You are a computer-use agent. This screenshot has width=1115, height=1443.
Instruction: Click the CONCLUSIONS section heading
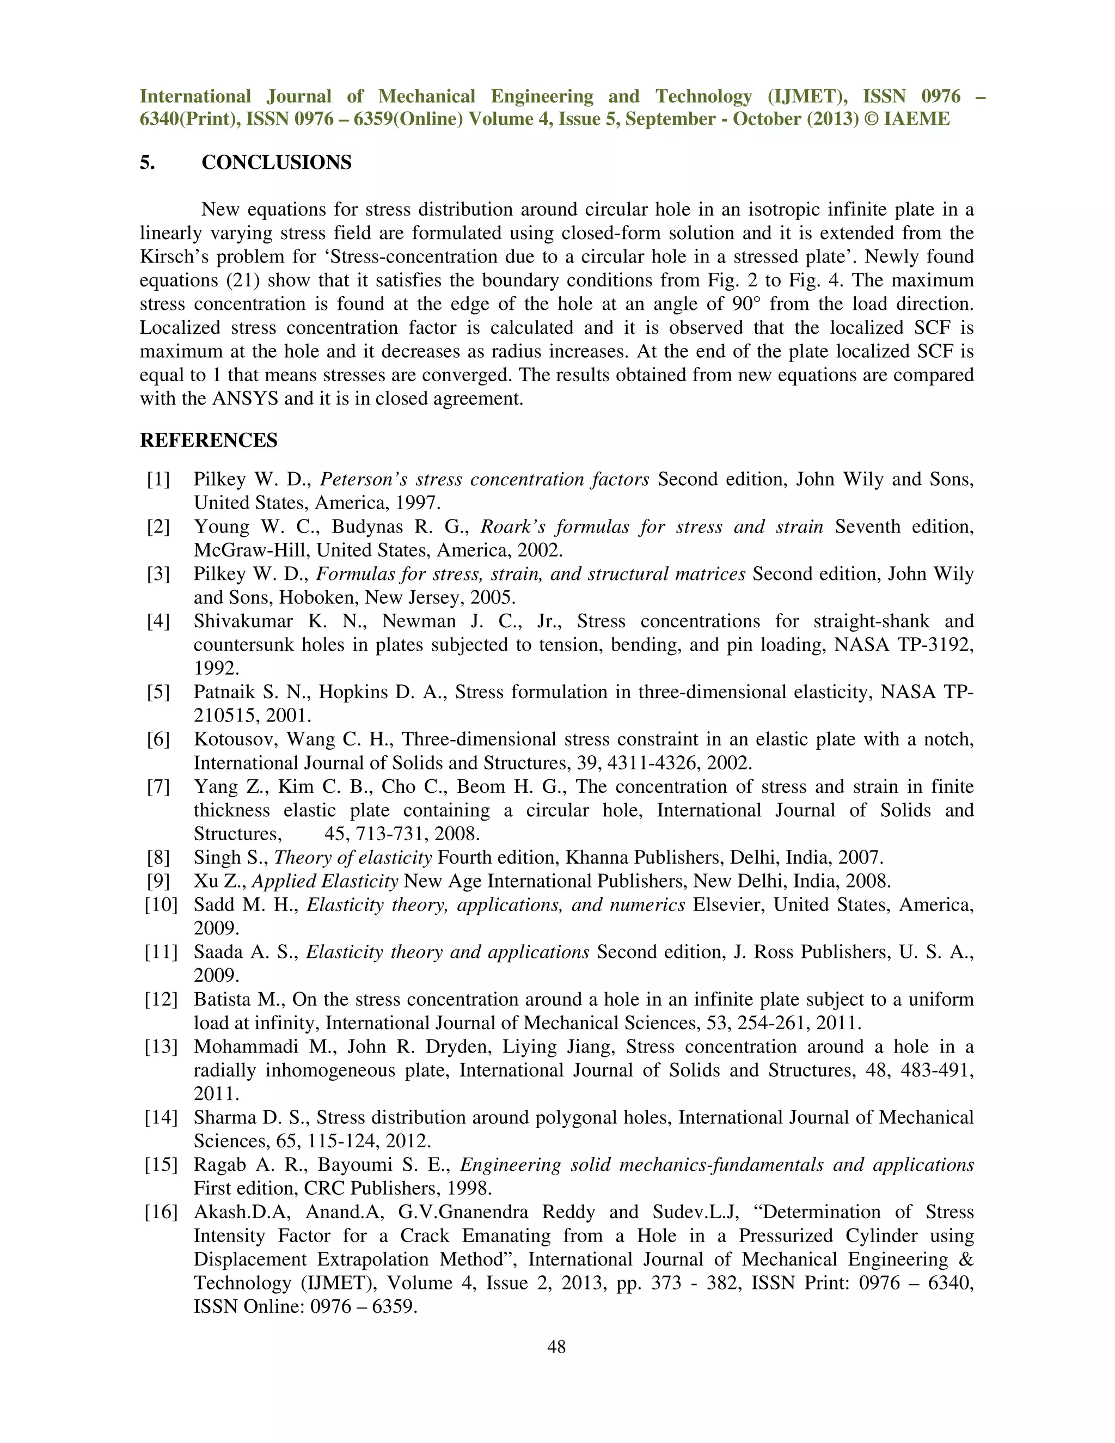coord(276,162)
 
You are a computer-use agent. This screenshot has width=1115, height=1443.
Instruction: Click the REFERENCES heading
coord(208,440)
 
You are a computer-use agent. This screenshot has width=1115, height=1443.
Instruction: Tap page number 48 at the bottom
coord(556,1347)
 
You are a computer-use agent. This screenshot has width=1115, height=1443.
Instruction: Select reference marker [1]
coord(158,479)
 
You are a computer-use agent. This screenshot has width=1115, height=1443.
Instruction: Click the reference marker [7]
coord(158,786)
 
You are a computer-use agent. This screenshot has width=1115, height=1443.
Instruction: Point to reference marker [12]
coord(161,999)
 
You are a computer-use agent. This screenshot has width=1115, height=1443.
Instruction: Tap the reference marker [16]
coord(161,1212)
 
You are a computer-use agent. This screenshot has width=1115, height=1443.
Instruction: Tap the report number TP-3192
coord(936,644)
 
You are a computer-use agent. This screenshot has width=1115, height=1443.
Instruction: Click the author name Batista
coord(222,999)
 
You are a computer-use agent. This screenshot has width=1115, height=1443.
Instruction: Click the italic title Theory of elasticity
coord(353,858)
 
